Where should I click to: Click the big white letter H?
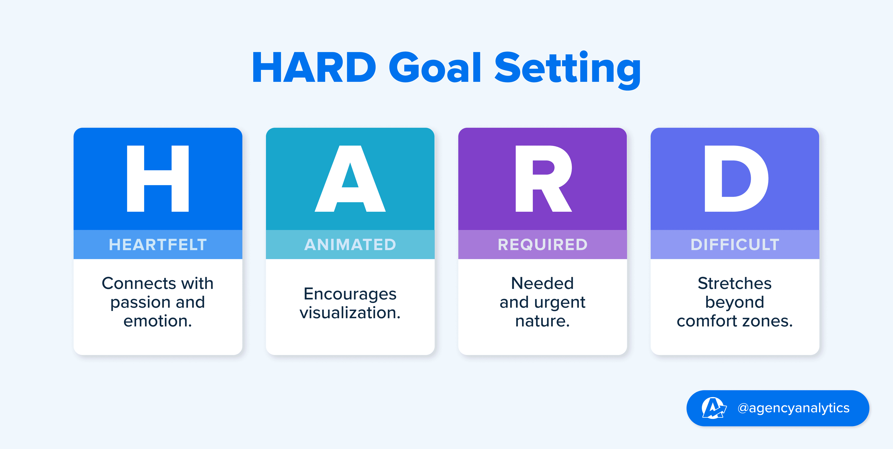pos(158,179)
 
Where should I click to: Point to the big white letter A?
pos(350,179)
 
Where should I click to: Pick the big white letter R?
pos(543,179)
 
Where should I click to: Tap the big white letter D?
pos(736,179)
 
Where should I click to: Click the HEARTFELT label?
pos(158,245)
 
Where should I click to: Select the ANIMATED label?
pos(350,245)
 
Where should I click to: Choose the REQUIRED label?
pos(543,245)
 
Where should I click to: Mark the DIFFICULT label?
pos(735,245)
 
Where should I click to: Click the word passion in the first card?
pos(141,303)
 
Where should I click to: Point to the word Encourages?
pos(350,294)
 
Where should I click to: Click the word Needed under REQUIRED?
pos(543,283)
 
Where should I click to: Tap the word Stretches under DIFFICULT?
pos(735,283)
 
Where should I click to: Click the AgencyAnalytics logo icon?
pos(713,408)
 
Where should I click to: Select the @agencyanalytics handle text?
pos(793,408)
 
